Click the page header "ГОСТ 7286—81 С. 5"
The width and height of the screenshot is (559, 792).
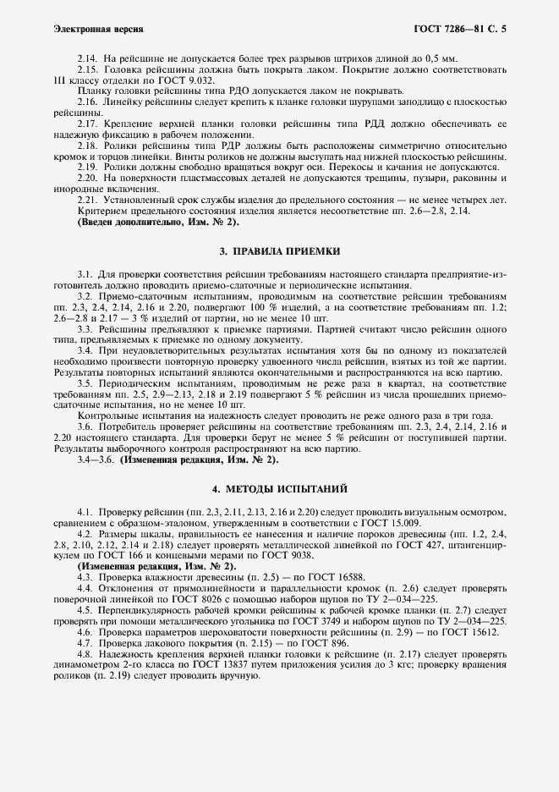458,29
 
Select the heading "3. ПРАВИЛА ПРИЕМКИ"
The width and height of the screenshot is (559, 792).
279,251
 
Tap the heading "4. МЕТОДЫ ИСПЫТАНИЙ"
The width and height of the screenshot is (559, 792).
279,489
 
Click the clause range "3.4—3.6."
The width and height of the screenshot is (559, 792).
96,460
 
